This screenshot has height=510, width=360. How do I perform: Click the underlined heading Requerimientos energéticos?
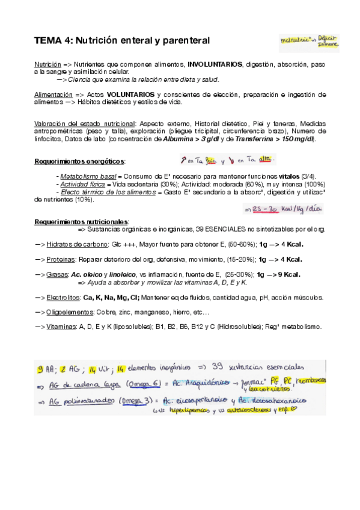tap(80, 162)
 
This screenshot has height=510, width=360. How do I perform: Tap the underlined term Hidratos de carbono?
tap(73, 244)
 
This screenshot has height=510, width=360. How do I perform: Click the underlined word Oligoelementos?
tap(69, 312)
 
